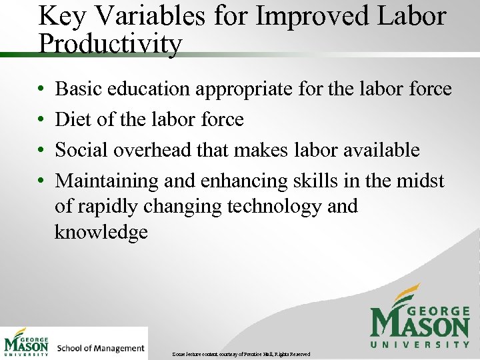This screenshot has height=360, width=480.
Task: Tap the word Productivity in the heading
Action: (x=110, y=44)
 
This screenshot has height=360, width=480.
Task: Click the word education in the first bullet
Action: (x=158, y=89)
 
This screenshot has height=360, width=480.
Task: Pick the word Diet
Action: (x=73, y=119)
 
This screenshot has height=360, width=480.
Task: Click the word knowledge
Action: (x=101, y=232)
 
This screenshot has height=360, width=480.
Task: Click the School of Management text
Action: (x=101, y=348)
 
